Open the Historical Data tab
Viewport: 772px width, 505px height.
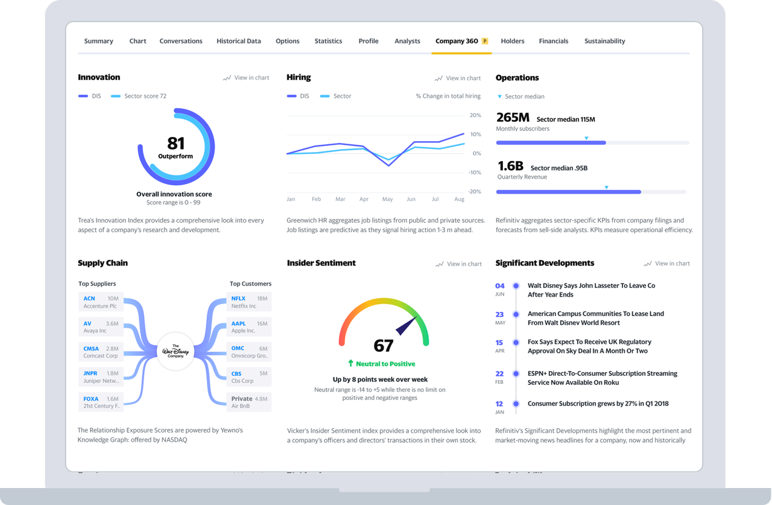[239, 41]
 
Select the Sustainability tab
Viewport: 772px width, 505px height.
[604, 41]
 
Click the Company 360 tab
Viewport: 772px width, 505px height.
[457, 41]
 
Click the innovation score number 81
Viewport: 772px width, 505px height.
[176, 143]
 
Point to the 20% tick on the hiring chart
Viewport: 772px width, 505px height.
[475, 115]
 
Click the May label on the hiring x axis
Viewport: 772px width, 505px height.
[387, 199]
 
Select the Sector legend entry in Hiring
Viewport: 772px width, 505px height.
[342, 96]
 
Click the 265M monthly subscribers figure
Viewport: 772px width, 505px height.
[513, 118]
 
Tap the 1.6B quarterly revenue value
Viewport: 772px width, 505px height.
[510, 166]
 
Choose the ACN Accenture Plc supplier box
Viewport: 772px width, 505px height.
[101, 302]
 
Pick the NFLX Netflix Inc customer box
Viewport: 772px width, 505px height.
[249, 302]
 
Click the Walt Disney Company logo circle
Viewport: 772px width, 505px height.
[176, 351]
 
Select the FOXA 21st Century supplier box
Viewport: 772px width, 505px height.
[101, 402]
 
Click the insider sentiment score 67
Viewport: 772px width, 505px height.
[384, 346]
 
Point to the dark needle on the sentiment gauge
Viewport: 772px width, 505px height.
[407, 324]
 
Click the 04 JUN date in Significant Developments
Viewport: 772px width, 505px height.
[499, 290]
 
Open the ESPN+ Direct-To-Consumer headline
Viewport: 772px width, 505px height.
[602, 378]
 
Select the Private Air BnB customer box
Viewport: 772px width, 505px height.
[249, 402]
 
